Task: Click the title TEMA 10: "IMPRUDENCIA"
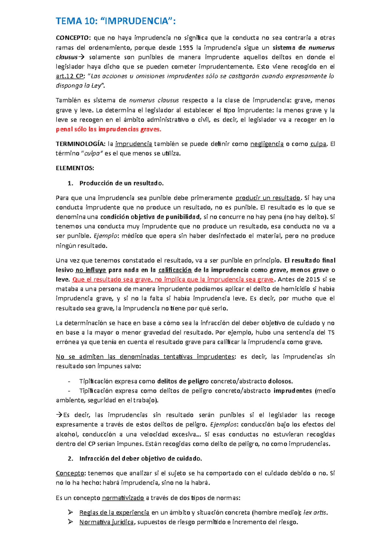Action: (116, 21)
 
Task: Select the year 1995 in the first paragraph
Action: (186, 48)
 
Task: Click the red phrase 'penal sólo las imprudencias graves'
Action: (109, 129)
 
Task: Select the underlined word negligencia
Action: (267, 144)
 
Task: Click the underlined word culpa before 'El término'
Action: (318, 144)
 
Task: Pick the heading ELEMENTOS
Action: (75, 168)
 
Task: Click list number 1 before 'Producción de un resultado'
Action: (70, 183)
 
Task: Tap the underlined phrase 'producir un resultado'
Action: (268, 198)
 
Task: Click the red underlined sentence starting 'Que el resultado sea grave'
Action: (173, 280)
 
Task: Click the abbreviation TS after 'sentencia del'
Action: (331, 333)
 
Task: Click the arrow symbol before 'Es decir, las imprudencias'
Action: (59, 415)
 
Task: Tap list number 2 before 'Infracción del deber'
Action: (70, 459)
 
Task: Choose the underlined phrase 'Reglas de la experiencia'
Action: (114, 513)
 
